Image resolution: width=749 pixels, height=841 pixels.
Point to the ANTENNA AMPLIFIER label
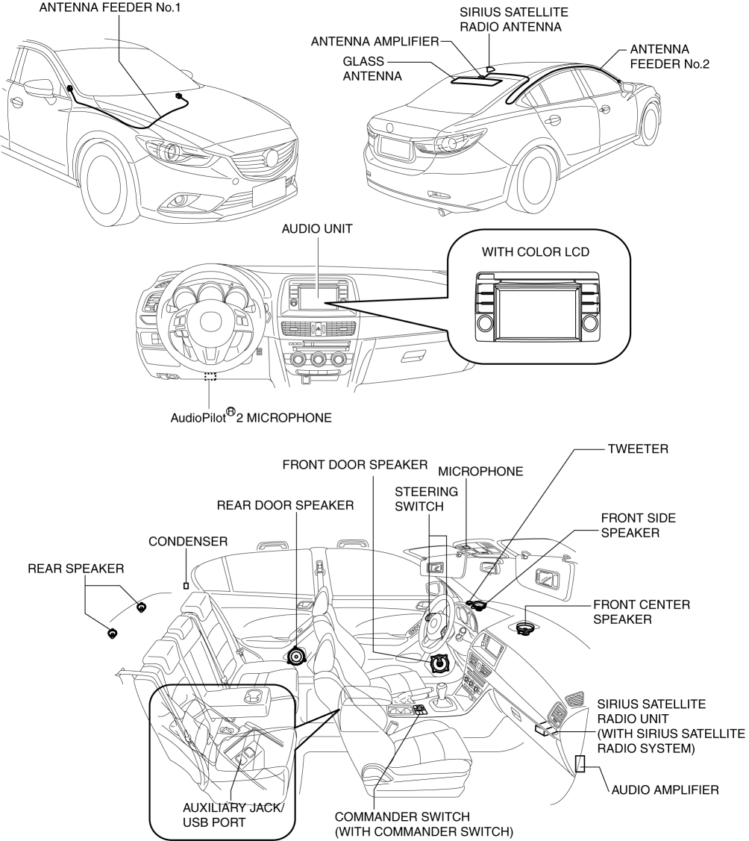point(374,41)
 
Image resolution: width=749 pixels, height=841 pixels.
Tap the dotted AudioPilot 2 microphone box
point(210,378)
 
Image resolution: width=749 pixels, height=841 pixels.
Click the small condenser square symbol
point(186,585)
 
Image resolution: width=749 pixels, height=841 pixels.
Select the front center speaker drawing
point(526,628)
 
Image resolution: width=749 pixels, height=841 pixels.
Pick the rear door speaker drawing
point(297,656)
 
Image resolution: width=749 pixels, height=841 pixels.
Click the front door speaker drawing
point(439,663)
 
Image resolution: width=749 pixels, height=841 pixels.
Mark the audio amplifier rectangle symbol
point(580,763)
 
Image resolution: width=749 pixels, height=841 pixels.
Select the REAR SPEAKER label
point(75,569)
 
